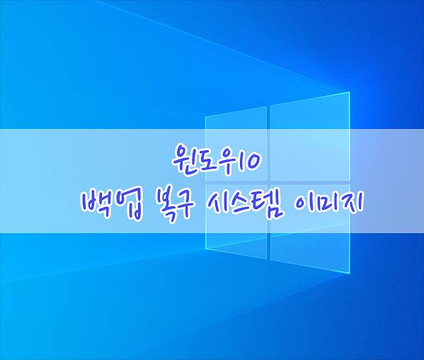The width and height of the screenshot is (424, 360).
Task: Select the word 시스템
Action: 244,205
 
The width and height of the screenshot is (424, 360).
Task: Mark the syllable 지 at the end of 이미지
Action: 352,205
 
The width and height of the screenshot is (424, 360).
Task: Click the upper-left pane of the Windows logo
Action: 236,143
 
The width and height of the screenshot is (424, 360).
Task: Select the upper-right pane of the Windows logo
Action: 310,137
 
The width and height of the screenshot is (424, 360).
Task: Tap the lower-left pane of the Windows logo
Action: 236,221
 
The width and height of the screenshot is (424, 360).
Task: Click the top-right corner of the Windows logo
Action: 350,92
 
